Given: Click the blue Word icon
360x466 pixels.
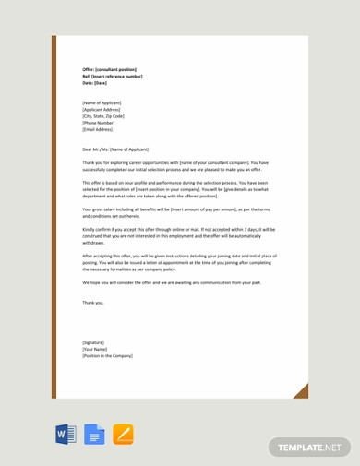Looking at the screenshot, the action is pyautogui.click(x=66, y=435).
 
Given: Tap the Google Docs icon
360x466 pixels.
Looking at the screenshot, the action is pyautogui.click(x=94, y=435).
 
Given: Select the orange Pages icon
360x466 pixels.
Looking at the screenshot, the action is pyautogui.click(x=123, y=435).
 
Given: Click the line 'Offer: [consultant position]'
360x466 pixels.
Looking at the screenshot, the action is pyautogui.click(x=109, y=69).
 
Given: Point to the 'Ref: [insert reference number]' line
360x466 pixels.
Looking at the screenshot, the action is pyautogui.click(x=113, y=76).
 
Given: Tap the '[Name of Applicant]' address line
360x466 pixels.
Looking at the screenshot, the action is pyautogui.click(x=102, y=102).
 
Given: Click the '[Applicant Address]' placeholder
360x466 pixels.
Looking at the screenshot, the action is pyautogui.click(x=102, y=109).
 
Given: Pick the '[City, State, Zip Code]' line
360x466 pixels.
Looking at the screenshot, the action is pyautogui.click(x=103, y=116).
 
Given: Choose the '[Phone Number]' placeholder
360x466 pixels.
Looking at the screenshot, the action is pyautogui.click(x=98, y=123).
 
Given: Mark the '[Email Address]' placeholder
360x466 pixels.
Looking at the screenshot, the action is pyautogui.click(x=98, y=129).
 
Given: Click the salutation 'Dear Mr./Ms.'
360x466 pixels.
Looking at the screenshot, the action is pyautogui.click(x=115, y=149).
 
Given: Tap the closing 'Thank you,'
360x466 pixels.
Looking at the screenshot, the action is pyautogui.click(x=93, y=302).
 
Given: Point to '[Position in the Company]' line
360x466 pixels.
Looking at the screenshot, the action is pyautogui.click(x=107, y=355).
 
